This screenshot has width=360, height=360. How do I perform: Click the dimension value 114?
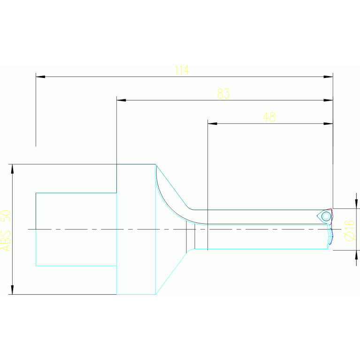click(181, 70)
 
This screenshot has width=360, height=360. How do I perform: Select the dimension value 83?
click(223, 94)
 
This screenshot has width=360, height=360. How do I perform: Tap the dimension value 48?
click(269, 117)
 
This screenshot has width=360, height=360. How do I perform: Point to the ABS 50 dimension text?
click(6, 230)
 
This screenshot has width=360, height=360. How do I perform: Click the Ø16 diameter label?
click(350, 230)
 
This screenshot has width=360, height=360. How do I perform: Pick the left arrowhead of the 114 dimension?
click(40, 77)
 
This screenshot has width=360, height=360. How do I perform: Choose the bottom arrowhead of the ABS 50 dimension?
click(12, 290)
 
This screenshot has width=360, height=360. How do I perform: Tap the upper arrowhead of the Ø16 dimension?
click(356, 204)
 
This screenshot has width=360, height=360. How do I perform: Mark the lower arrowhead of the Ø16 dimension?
click(356, 254)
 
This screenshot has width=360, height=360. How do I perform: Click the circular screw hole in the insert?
click(326, 216)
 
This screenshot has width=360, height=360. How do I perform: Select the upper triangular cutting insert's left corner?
click(318, 216)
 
